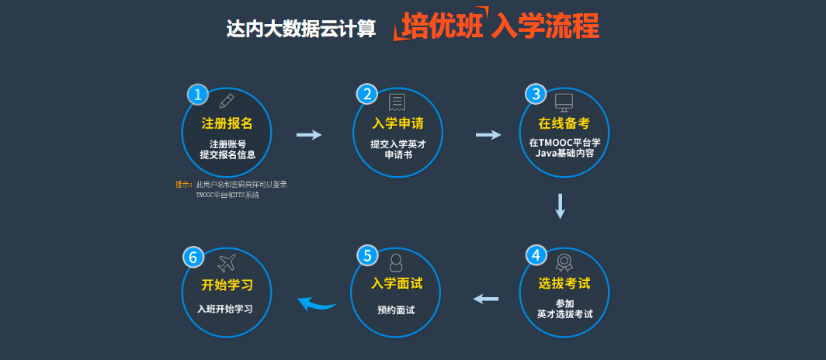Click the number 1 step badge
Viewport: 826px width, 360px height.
pyautogui.click(x=198, y=95)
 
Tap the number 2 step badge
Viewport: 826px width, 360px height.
pyautogui.click(x=367, y=95)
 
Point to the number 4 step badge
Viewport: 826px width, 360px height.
pyautogui.click(x=536, y=255)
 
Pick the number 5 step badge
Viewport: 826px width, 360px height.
pyautogui.click(x=367, y=255)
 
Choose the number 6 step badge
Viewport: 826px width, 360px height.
pyautogui.click(x=193, y=256)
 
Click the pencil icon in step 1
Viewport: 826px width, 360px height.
pyautogui.click(x=227, y=101)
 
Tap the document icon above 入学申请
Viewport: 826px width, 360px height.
pyautogui.click(x=397, y=102)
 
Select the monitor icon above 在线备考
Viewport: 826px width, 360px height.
pyautogui.click(x=564, y=102)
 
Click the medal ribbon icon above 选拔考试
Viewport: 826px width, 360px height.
pyautogui.click(x=564, y=261)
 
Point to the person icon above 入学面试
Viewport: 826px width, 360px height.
pyautogui.click(x=396, y=261)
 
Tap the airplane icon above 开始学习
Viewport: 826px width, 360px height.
pyautogui.click(x=227, y=262)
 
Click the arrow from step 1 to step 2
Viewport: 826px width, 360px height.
pyautogui.click(x=309, y=135)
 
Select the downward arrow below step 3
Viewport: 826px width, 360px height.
pyautogui.click(x=560, y=206)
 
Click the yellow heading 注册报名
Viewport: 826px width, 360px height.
pyautogui.click(x=227, y=123)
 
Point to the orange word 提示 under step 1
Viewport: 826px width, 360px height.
pyautogui.click(x=183, y=185)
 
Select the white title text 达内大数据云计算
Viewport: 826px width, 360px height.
pyautogui.click(x=300, y=29)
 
